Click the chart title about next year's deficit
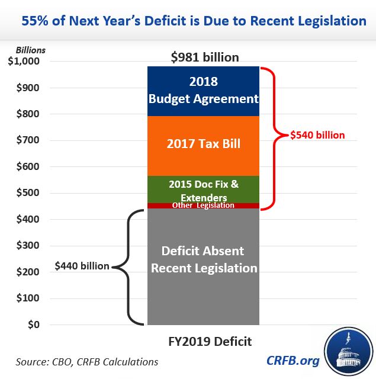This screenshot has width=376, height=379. tap(188, 21)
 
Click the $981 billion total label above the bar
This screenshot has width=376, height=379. tap(204, 57)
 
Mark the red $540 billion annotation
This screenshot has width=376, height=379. tap(317, 135)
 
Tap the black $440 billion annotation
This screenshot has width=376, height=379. tap(82, 266)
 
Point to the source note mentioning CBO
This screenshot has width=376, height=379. tap(87, 361)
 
